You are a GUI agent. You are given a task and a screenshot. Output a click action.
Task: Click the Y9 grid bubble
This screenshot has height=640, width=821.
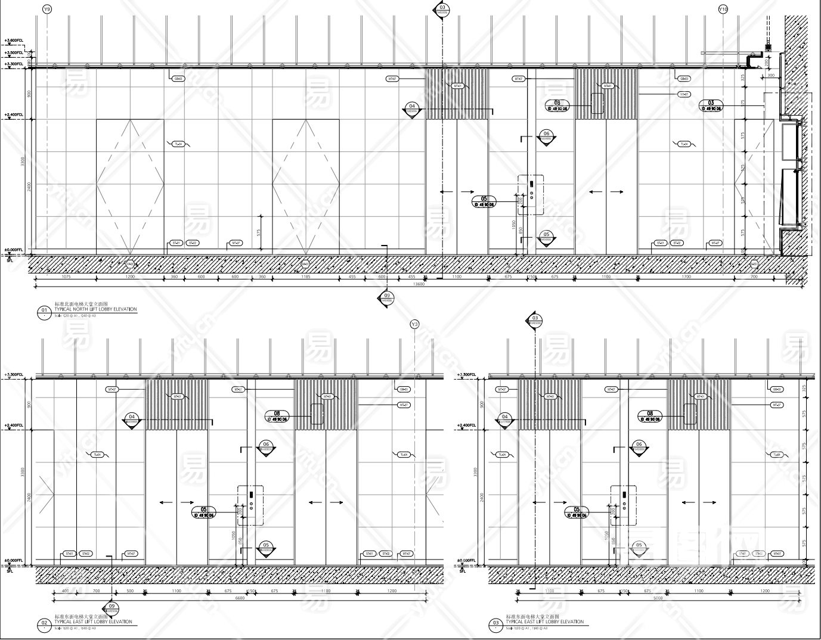[47, 10]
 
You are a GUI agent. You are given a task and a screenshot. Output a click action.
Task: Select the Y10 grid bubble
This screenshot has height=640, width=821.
[723, 10]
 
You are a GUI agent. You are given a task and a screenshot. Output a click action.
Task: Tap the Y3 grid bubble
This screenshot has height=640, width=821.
[415, 324]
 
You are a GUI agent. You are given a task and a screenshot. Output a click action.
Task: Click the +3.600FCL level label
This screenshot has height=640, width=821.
[13, 41]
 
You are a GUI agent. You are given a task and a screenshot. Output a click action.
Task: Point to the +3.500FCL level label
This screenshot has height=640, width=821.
[13, 53]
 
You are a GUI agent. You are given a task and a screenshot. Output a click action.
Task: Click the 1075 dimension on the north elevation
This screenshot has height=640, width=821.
[66, 277]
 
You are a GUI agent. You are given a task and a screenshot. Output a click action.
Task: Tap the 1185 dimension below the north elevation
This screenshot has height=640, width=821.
[305, 277]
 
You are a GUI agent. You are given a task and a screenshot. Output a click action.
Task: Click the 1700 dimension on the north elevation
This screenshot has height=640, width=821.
[686, 277]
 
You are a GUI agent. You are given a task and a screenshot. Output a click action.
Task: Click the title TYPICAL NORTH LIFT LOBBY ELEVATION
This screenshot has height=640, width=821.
[95, 310]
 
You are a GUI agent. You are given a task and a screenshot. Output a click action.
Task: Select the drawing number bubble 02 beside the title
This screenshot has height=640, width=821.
[44, 624]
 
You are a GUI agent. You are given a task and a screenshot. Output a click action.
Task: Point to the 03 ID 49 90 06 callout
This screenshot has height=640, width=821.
[711, 105]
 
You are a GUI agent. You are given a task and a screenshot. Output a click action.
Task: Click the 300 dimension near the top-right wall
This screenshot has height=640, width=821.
[770, 76]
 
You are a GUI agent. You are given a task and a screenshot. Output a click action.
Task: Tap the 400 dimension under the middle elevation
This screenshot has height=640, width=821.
[65, 591]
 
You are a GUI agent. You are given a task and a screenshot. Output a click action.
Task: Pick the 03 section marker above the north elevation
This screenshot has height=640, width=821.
[442, 10]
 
